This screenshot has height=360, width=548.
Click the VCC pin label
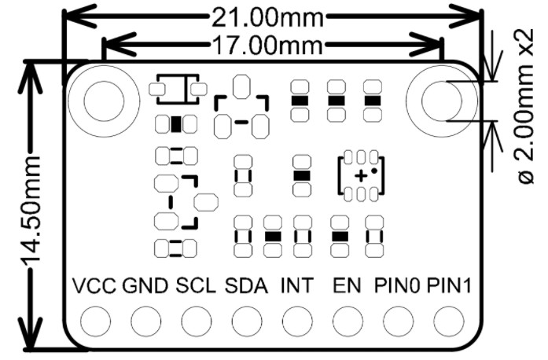(x=94, y=285)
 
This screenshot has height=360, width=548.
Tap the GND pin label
(x=145, y=285)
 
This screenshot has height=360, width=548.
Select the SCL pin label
(x=196, y=285)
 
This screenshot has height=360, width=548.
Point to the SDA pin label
(x=246, y=285)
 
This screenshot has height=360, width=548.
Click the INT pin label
(x=296, y=285)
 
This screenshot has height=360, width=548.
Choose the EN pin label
(x=347, y=285)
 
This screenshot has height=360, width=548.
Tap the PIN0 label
(x=398, y=285)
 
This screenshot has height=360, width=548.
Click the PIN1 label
(x=449, y=285)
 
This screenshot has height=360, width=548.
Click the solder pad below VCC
(x=95, y=321)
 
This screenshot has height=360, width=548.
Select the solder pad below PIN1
(x=448, y=321)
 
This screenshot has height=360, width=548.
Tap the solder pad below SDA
(x=246, y=321)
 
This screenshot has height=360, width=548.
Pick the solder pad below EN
(x=347, y=321)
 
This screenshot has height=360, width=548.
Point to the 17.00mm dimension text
(x=268, y=43)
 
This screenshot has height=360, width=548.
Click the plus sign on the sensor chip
(x=359, y=175)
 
